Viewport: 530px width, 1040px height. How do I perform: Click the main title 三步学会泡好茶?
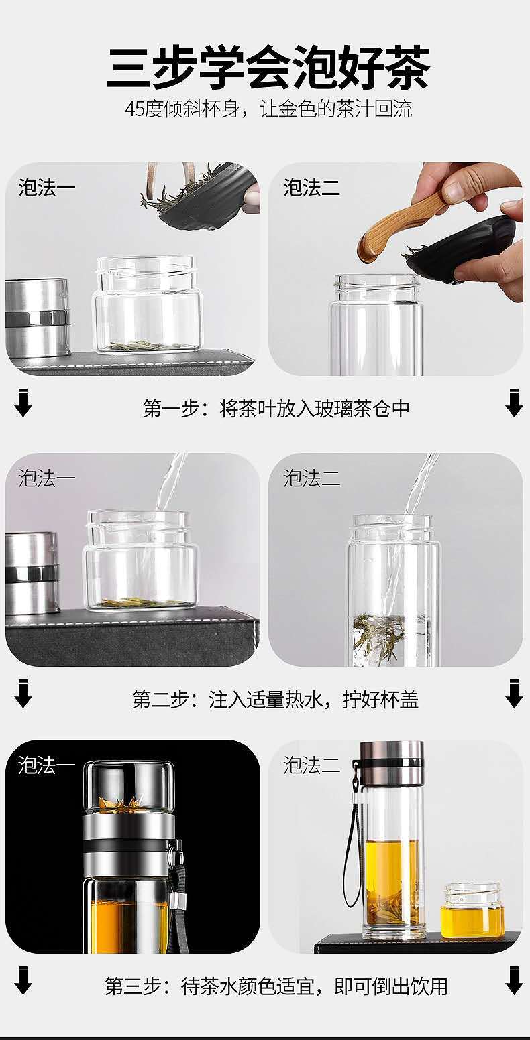pos(269,67)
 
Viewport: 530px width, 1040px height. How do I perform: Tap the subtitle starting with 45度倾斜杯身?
pos(269,110)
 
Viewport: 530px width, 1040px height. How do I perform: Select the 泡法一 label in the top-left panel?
pos(47,188)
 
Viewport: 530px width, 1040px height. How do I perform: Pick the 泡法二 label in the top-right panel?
pos(311,188)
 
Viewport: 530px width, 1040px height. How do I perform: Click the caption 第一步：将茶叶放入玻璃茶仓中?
pos(276,409)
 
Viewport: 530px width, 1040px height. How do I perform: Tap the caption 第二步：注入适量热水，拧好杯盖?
pos(275,699)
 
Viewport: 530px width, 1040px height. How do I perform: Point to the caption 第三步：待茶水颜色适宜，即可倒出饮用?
pos(276,986)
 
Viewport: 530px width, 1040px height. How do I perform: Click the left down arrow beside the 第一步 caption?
pos(23,404)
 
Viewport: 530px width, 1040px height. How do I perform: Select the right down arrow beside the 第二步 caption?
pos(514,694)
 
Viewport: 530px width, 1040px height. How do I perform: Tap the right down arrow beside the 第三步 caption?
pos(514,981)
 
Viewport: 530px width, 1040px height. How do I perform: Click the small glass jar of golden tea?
pos(472,911)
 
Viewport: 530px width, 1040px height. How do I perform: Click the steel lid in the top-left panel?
pos(37,318)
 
